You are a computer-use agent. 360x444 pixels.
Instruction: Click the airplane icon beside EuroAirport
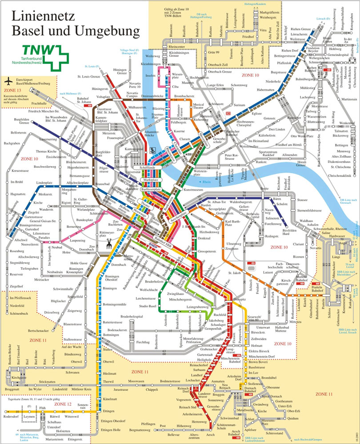8,82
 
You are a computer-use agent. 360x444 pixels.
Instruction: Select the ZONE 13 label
12,89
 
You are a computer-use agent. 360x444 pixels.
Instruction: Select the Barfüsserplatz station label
151,190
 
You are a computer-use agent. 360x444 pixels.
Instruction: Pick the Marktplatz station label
151,180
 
